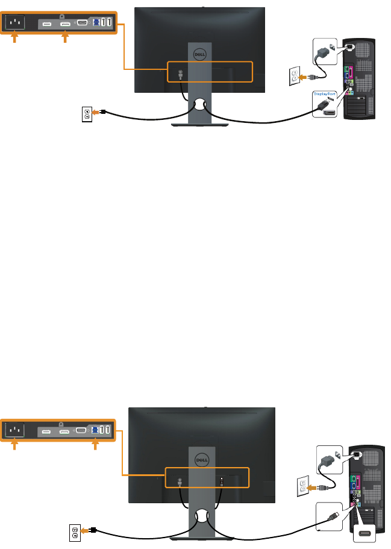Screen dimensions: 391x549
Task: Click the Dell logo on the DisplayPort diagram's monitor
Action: [x=199, y=53]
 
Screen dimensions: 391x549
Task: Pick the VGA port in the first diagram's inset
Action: [x=83, y=23]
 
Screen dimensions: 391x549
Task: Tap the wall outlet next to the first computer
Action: [x=294, y=76]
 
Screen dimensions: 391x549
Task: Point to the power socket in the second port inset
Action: [x=16, y=430]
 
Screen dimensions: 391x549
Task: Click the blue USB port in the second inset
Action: [x=95, y=430]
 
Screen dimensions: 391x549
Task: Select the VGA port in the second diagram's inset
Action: [x=80, y=430]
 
